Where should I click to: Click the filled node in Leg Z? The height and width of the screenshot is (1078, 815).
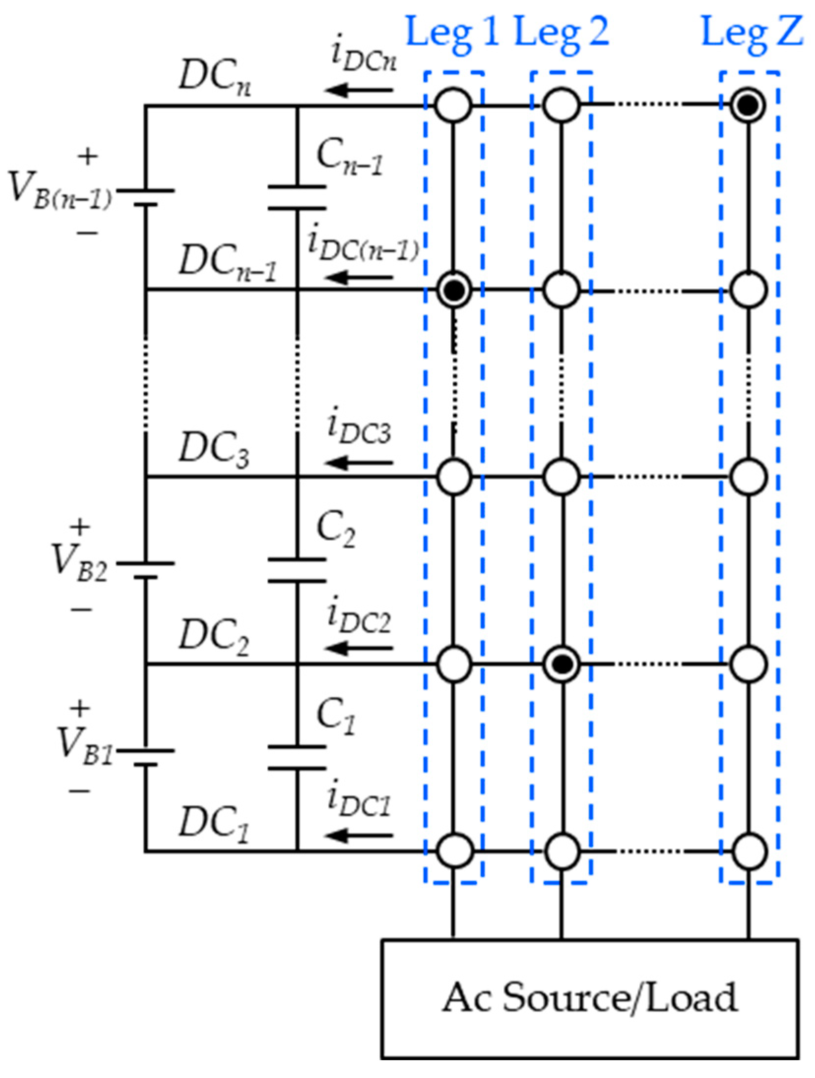[x=748, y=105]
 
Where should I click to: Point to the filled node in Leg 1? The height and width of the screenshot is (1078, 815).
[x=453, y=290]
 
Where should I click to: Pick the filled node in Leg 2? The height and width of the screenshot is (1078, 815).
[x=561, y=664]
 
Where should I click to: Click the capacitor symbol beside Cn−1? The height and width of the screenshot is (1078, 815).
[x=297, y=198]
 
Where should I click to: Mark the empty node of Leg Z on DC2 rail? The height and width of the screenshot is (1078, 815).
[x=748, y=664]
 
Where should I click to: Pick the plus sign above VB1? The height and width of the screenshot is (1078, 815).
[x=80, y=709]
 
